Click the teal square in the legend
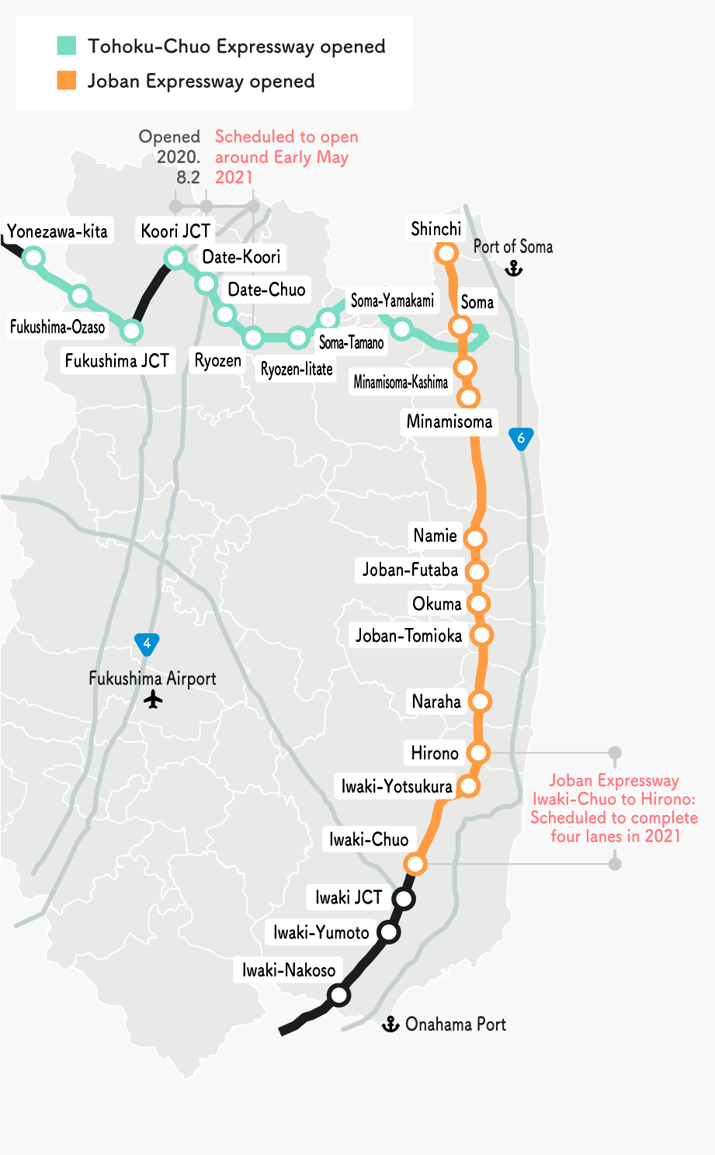pyautogui.click(x=67, y=46)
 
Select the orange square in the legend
pyautogui.click(x=67, y=80)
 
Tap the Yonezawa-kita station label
pyautogui.click(x=57, y=231)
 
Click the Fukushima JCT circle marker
pyautogui.click(x=132, y=331)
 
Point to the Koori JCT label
pyautogui.click(x=175, y=231)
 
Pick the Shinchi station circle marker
pyautogui.click(x=446, y=252)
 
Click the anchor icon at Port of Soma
pyautogui.click(x=513, y=269)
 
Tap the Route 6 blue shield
pyautogui.click(x=521, y=439)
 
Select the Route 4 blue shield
pyautogui.click(x=147, y=643)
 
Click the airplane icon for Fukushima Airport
pyautogui.click(x=154, y=700)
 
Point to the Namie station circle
pyautogui.click(x=475, y=538)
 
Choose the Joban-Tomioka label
pyautogui.click(x=408, y=636)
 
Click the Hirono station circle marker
pyautogui.click(x=478, y=752)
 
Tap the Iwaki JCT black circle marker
pyautogui.click(x=404, y=899)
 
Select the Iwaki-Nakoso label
pyautogui.click(x=289, y=969)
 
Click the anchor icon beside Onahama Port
pyautogui.click(x=390, y=1024)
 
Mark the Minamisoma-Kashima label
pyautogui.click(x=401, y=382)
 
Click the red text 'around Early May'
pyautogui.click(x=282, y=157)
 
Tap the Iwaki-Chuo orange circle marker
pyautogui.click(x=416, y=863)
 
